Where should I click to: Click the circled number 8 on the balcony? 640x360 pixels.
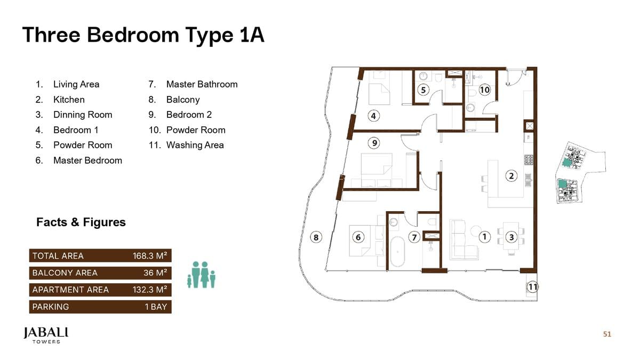click(x=316, y=237)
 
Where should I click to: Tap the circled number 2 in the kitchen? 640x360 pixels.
click(x=511, y=175)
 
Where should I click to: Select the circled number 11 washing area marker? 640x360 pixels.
click(x=532, y=287)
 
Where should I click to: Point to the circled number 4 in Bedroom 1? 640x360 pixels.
click(x=374, y=116)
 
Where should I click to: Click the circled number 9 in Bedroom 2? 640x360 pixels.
click(x=375, y=143)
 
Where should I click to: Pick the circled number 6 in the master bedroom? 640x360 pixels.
click(x=358, y=237)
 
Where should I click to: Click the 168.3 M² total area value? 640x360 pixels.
click(x=150, y=256)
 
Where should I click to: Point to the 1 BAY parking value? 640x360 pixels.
click(x=156, y=307)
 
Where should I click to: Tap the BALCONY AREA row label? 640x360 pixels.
click(x=65, y=273)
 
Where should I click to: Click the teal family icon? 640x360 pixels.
click(x=201, y=275)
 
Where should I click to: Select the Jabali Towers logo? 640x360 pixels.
click(x=46, y=335)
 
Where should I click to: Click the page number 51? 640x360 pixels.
click(x=607, y=334)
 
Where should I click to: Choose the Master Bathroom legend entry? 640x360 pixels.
click(x=202, y=84)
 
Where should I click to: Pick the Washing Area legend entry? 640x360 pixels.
click(x=195, y=145)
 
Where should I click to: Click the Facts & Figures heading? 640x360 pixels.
click(x=81, y=222)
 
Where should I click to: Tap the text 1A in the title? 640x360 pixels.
click(x=249, y=35)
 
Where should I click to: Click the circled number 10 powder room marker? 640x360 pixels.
click(x=484, y=90)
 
